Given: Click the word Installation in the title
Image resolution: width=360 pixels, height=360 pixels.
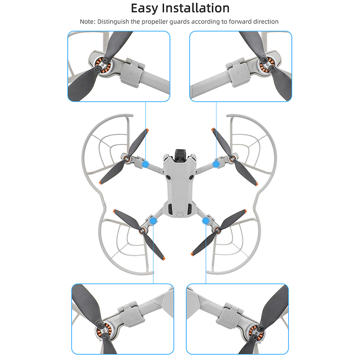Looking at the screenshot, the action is click(x=196, y=8).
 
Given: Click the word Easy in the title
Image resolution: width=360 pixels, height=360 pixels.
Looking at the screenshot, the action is click(x=144, y=9).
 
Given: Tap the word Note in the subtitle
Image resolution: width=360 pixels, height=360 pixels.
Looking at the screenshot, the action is click(x=87, y=22).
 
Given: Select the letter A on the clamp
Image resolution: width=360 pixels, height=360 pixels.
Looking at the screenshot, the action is click(x=131, y=73).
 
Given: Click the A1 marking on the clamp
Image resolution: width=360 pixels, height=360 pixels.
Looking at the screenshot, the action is click(x=240, y=73).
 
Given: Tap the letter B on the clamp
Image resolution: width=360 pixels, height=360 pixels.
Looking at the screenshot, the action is click(x=131, y=317).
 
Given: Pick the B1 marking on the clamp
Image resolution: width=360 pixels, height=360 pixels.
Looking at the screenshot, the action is click(x=229, y=318).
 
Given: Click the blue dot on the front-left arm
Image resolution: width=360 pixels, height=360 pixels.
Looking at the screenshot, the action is click(x=145, y=164).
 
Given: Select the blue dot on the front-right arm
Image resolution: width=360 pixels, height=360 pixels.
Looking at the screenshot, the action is click(x=216, y=164).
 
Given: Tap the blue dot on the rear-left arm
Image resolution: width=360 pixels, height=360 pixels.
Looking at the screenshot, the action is click(x=153, y=221).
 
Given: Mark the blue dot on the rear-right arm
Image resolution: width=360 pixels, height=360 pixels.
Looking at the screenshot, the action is click(x=205, y=221).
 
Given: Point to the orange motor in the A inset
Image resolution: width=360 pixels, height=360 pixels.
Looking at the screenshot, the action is click(x=103, y=65).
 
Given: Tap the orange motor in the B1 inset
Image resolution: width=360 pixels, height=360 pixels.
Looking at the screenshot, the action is click(x=256, y=331).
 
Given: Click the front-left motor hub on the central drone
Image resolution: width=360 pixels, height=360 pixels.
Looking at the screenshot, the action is click(x=126, y=158).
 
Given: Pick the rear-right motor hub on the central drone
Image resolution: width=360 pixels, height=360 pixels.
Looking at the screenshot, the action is click(x=217, y=230).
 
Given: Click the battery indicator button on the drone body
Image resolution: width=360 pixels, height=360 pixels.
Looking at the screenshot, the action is click(x=180, y=215).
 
